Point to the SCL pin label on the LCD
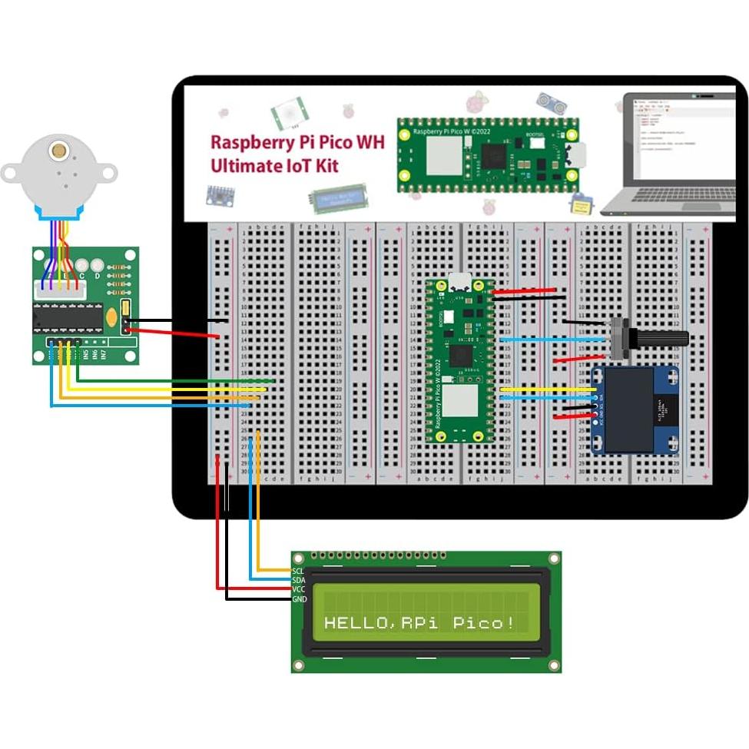[x=298, y=571]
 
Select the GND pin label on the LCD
[x=299, y=598]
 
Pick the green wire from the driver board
[x=177, y=379]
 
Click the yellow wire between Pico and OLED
[x=545, y=390]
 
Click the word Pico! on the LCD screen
[x=484, y=622]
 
